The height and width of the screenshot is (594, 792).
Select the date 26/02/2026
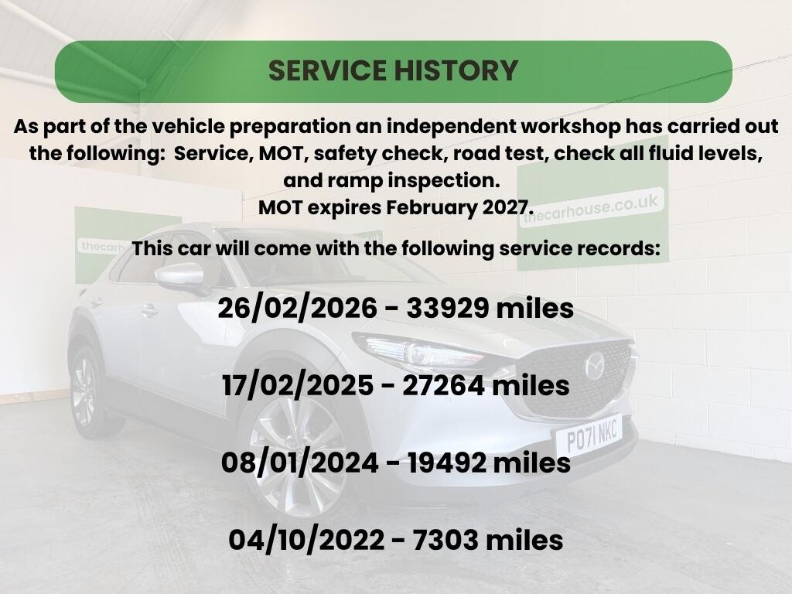[298, 308]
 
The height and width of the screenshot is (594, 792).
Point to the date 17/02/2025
[298, 386]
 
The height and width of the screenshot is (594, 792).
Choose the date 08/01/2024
[299, 463]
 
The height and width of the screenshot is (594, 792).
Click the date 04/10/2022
[306, 540]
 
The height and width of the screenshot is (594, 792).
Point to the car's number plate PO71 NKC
[591, 436]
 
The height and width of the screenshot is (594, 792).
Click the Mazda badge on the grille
[595, 366]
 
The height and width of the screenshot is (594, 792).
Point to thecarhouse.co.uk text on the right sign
[591, 209]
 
